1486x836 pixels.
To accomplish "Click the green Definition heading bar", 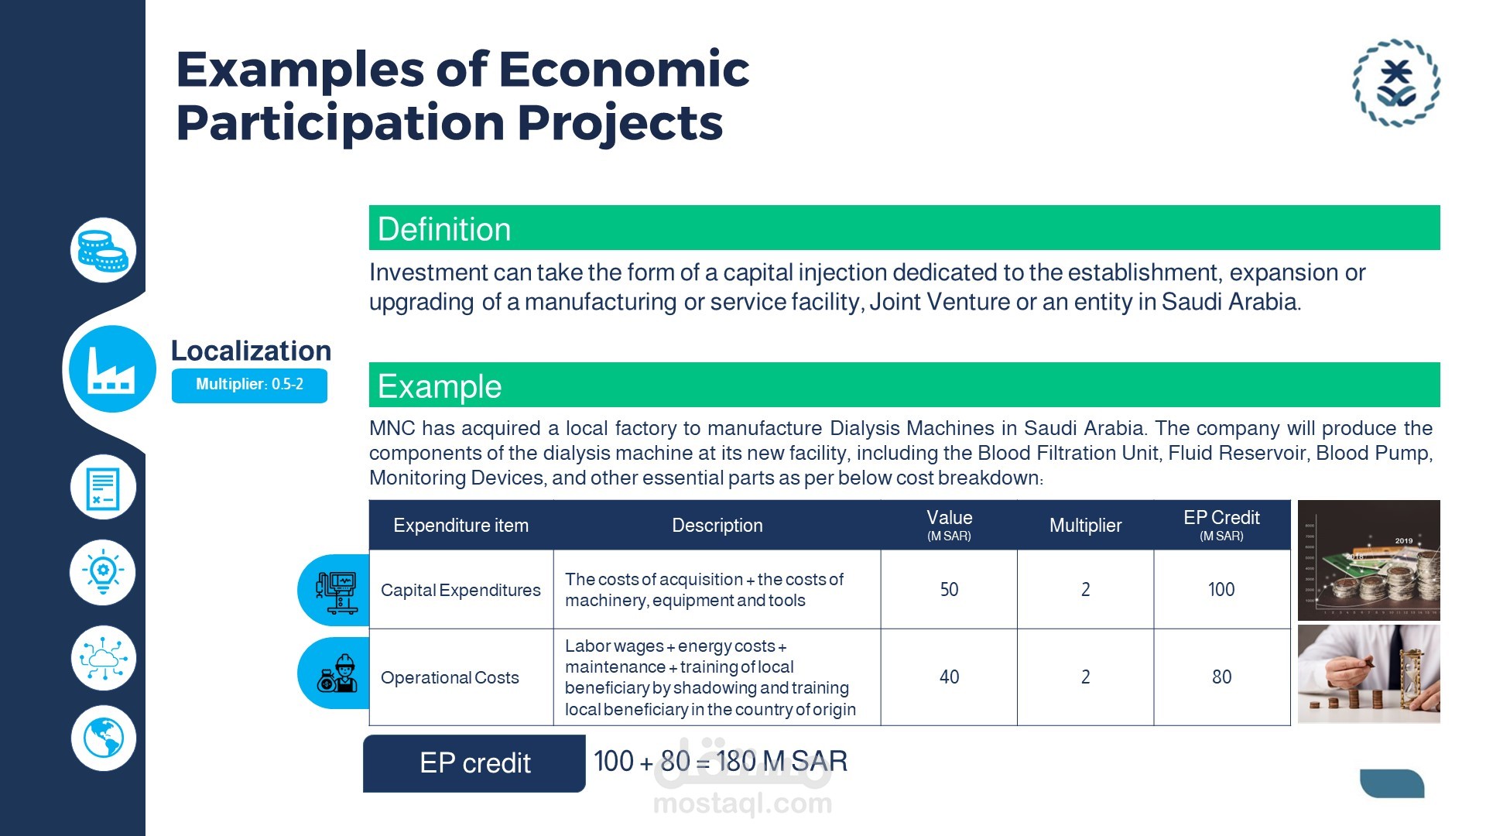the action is point(904,228).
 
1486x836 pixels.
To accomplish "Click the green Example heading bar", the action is point(904,385).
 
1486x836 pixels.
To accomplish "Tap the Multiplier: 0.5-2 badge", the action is point(249,385).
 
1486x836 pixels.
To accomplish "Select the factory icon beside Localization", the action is point(112,368).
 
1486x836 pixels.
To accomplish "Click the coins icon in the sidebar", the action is point(103,250).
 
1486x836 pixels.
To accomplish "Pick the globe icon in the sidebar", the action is point(103,738).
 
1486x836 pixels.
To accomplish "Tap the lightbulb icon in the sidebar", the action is point(103,573).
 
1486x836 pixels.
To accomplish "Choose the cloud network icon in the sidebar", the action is point(103,658).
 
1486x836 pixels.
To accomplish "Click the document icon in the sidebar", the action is point(103,488).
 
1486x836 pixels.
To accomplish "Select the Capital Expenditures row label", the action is point(461,590).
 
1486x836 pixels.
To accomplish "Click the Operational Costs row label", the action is point(450,677).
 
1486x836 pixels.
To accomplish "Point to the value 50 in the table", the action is point(949,590).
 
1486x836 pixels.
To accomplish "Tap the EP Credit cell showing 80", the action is point(1221,677).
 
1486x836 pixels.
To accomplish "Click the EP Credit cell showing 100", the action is point(1221,590).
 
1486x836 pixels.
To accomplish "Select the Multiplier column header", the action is point(1085,526).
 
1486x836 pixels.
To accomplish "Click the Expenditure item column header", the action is point(461,526).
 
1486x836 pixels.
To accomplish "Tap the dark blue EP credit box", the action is point(474,763).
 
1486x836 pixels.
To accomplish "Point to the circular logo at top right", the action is point(1396,83).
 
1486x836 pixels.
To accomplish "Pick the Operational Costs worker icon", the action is point(337,673).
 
